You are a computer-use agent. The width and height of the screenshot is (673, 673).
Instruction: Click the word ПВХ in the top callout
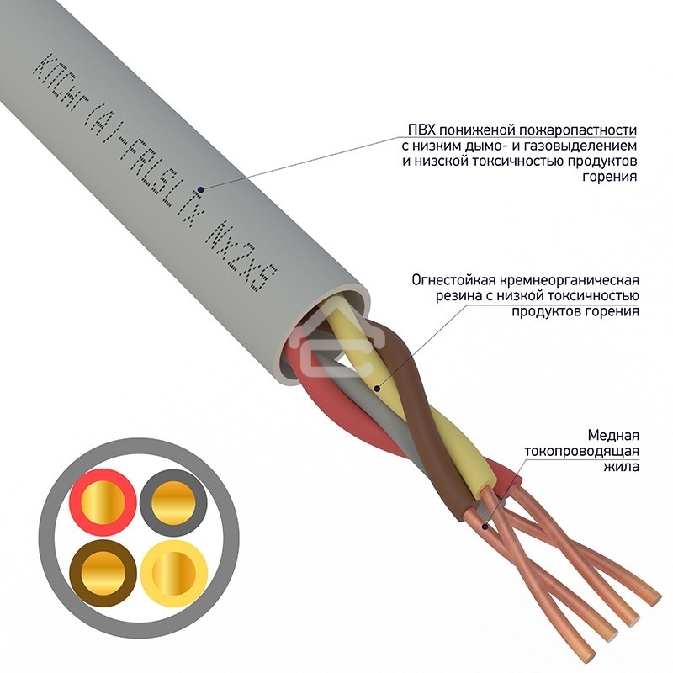tap(421, 130)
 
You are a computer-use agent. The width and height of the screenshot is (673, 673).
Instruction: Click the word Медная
tap(613, 435)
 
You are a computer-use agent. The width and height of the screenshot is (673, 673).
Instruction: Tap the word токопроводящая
tap(581, 451)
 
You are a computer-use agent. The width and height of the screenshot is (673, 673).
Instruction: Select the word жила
tap(622, 466)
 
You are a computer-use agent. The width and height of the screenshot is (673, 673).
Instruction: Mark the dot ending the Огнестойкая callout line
tap(376, 389)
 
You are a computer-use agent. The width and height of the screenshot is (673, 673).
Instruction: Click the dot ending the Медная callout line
tap(485, 526)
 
